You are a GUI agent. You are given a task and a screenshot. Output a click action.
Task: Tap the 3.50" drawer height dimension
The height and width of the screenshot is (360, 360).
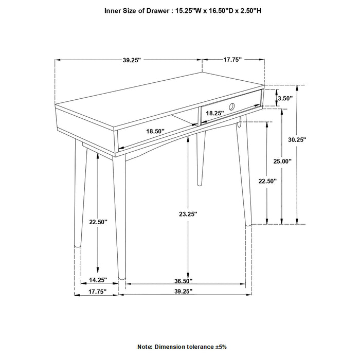click(285, 98)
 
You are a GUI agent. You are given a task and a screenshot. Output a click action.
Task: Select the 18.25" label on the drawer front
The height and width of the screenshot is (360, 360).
click(214, 113)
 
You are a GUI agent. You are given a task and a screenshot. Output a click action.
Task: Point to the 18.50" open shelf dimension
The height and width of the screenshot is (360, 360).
click(155, 132)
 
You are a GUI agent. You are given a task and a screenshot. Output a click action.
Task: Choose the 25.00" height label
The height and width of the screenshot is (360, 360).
click(282, 161)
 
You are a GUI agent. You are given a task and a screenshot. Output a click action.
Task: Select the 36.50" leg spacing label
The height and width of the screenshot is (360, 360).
click(183, 281)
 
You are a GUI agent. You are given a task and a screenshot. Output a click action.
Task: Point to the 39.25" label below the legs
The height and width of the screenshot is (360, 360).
click(183, 291)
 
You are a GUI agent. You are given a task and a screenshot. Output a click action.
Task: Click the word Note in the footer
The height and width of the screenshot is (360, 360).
click(145, 347)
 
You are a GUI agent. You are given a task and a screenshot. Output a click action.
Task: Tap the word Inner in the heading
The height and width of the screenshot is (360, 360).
click(113, 10)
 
